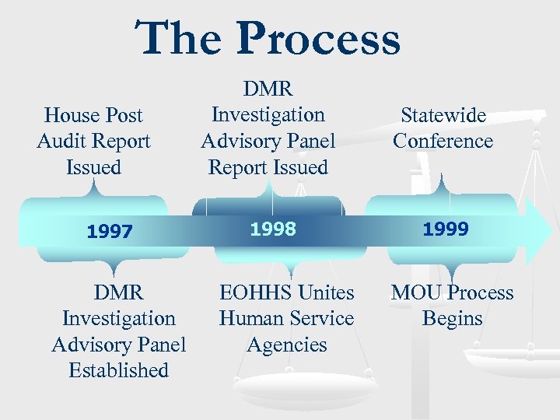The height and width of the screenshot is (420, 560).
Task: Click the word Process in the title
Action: point(319,39)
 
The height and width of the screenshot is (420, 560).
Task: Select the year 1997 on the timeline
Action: point(110,231)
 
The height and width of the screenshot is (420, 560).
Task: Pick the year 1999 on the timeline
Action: point(446,229)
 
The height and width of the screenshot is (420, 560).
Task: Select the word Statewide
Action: point(443,115)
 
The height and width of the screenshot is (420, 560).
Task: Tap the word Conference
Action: point(443,141)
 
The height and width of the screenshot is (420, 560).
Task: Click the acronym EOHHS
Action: point(256,292)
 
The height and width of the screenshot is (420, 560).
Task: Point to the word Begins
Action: point(452,318)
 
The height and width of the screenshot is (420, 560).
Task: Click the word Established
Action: point(118,370)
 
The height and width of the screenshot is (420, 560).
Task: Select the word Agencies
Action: point(286,345)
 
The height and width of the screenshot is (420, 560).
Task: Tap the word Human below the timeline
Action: point(252,318)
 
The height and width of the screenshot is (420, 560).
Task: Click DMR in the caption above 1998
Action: point(268,89)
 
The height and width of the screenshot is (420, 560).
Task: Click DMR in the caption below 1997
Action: point(118,292)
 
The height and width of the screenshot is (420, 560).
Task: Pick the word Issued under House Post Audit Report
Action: point(93,166)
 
